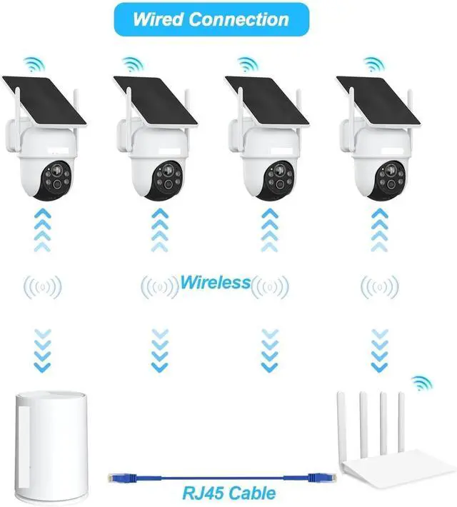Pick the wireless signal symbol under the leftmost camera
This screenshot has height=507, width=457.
43,287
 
